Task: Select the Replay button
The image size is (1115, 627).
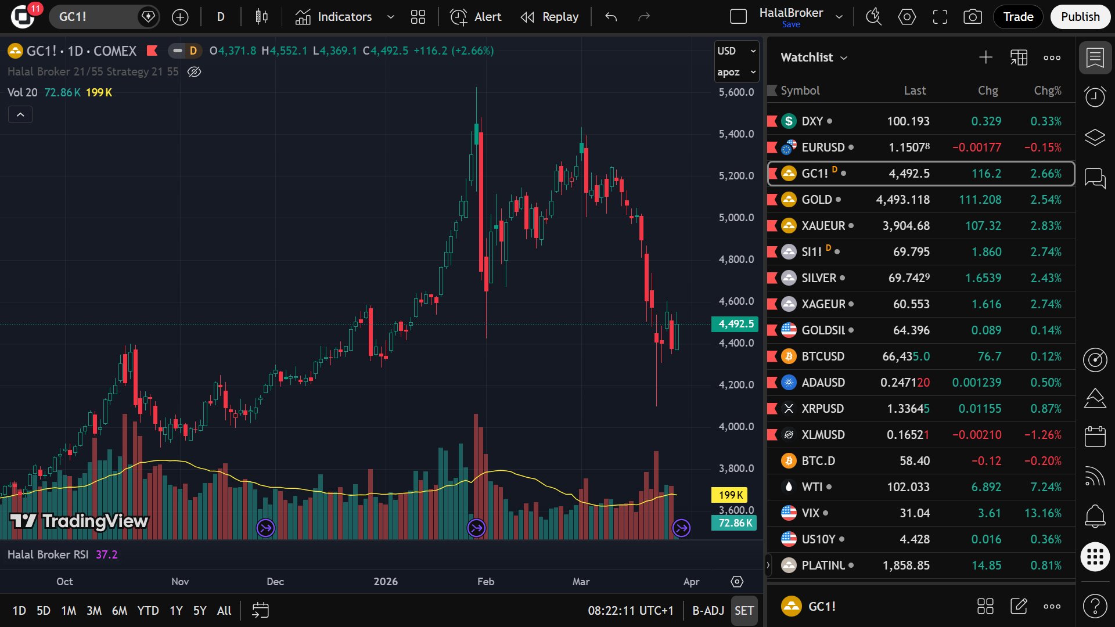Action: point(550,17)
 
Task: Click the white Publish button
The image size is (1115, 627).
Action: point(1080,17)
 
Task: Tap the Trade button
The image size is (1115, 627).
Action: point(1018,17)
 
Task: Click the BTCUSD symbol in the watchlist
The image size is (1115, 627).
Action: point(822,356)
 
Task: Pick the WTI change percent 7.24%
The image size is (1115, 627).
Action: point(1045,487)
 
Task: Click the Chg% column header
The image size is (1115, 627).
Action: point(1047,91)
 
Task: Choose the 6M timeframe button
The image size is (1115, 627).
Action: point(119,611)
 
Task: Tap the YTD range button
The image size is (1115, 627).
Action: point(148,611)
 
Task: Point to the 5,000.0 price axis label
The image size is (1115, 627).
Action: point(736,218)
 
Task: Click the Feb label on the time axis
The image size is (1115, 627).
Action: point(485,582)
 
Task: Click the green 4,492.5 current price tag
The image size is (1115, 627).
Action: point(735,324)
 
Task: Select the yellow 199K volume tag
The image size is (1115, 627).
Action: point(730,495)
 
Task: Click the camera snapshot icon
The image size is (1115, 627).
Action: point(972,17)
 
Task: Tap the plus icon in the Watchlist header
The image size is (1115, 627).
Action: point(985,57)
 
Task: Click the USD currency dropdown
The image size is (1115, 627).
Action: point(736,51)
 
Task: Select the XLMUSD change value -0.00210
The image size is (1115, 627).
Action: point(977,435)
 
